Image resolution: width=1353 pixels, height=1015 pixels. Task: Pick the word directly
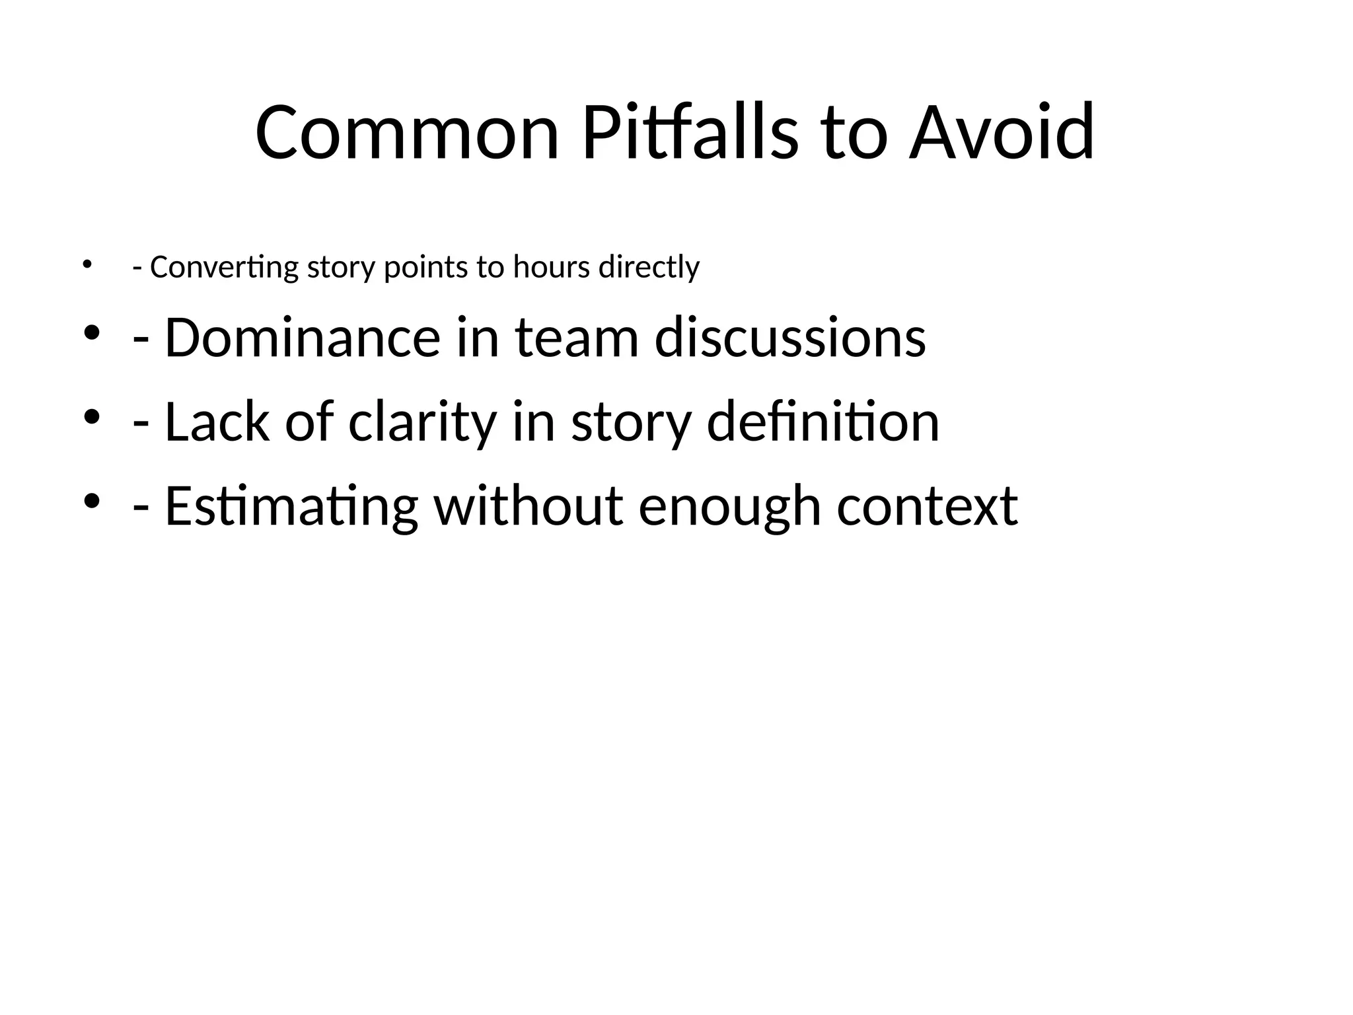tap(649, 268)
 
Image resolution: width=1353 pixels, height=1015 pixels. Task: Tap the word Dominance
tap(302, 338)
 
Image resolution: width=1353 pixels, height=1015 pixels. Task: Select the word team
tap(576, 338)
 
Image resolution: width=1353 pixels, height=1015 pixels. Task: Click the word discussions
tap(790, 338)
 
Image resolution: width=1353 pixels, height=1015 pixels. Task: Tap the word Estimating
tap(291, 506)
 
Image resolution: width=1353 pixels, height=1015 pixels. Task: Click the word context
tap(927, 506)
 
